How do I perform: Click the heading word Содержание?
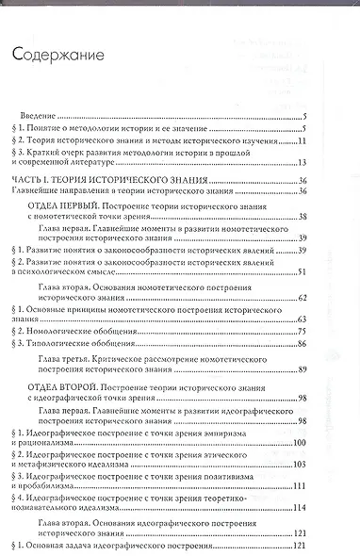tap(57, 57)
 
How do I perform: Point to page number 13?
tap(302, 163)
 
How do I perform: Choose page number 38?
tap(303, 216)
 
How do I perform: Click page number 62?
tap(303, 297)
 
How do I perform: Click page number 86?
tap(303, 344)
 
